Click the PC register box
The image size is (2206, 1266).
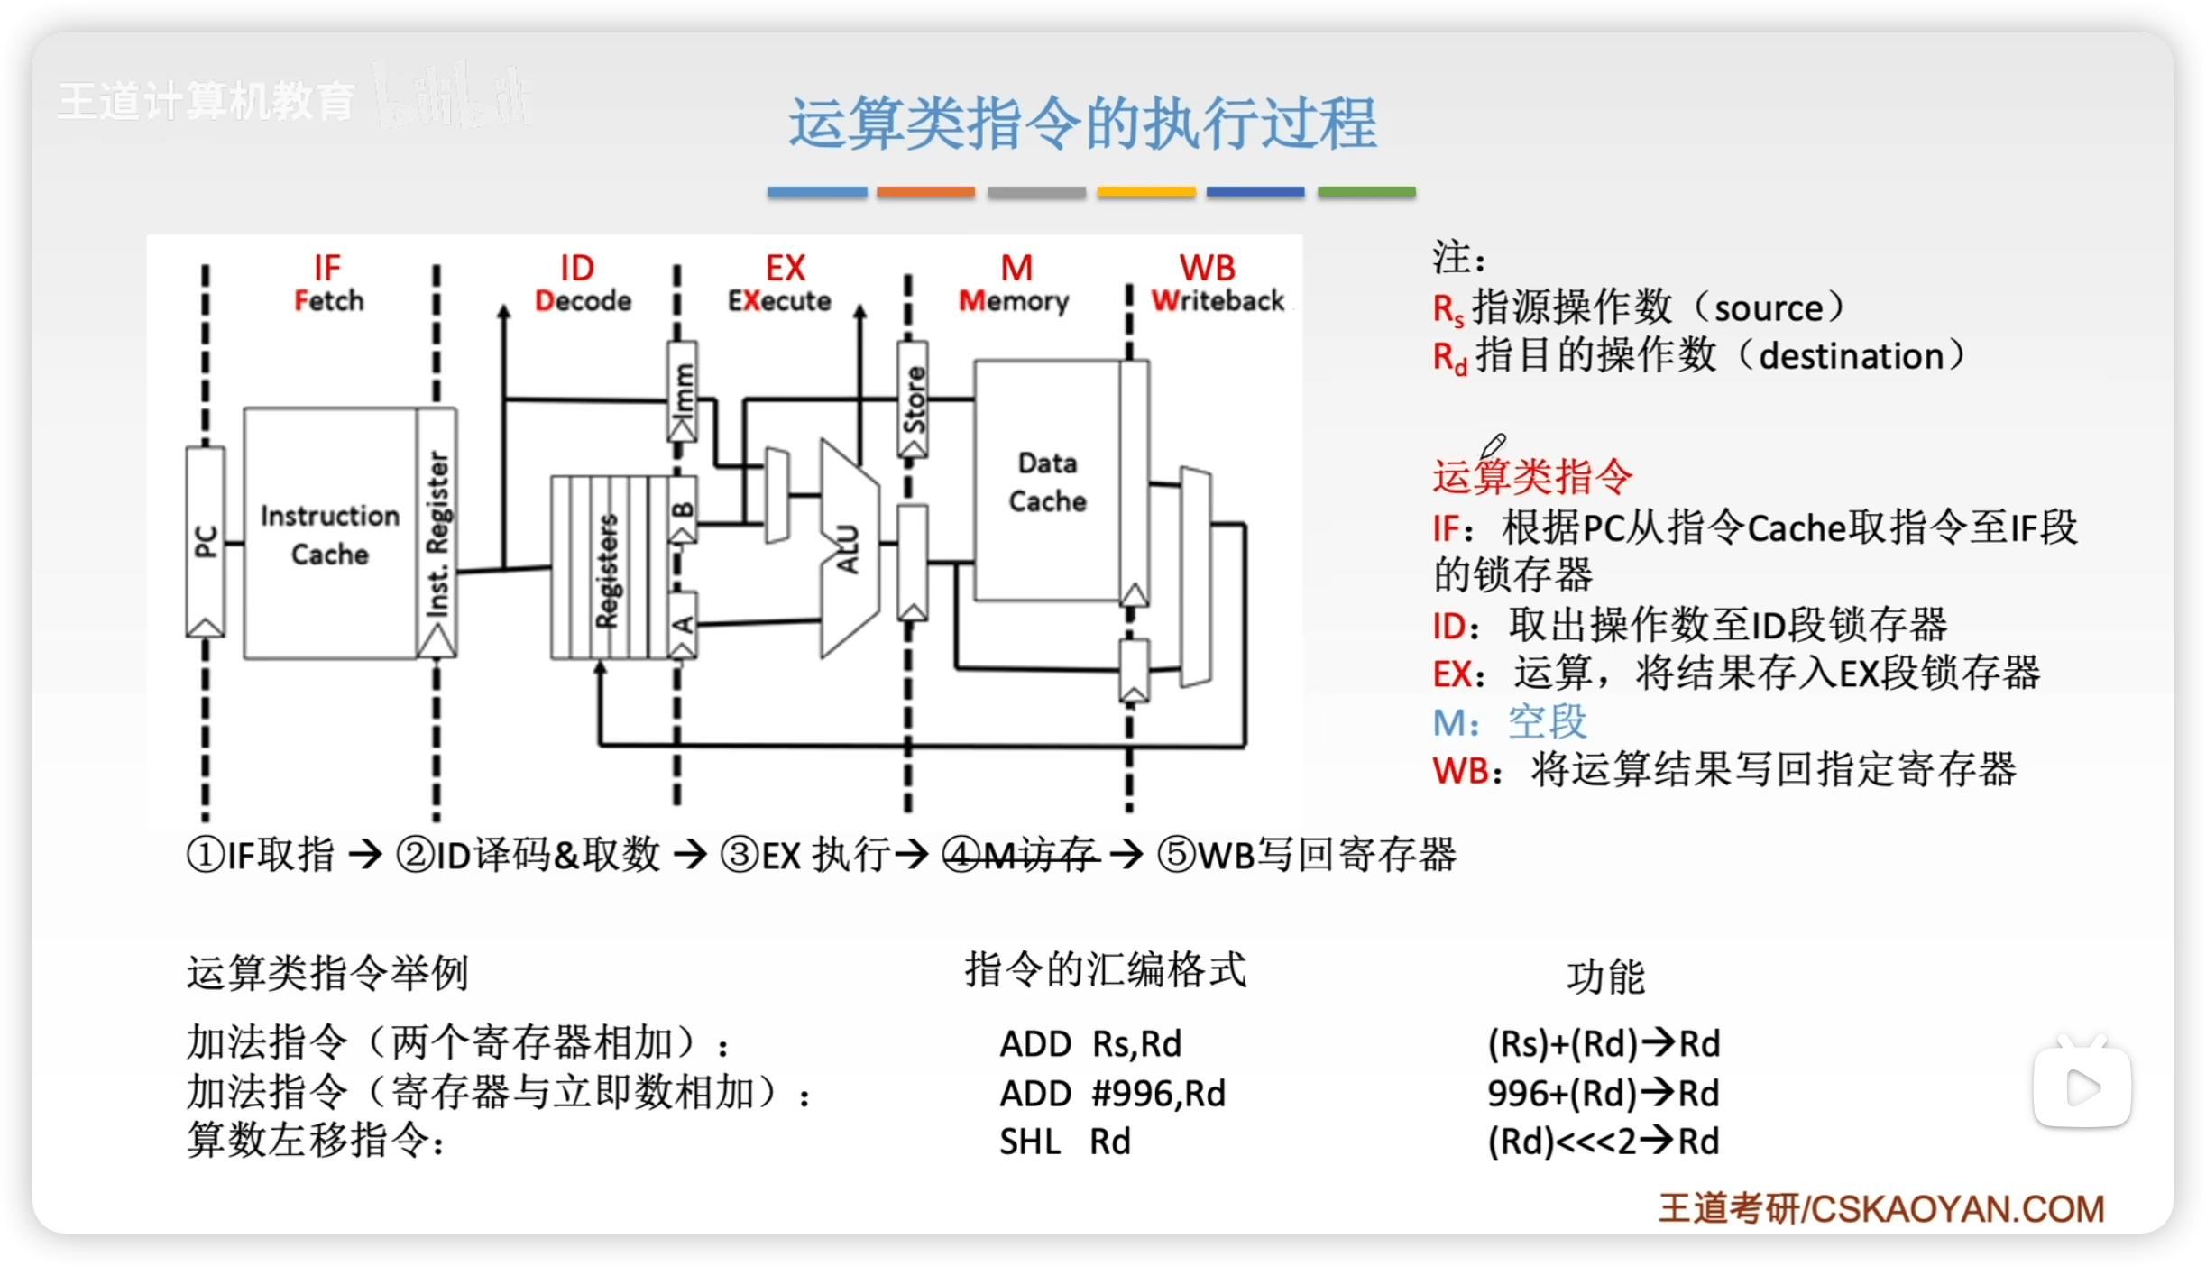tap(206, 541)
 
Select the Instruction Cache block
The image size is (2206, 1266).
tap(329, 534)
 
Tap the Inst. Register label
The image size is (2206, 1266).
tap(437, 534)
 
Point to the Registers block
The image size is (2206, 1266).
tap(605, 568)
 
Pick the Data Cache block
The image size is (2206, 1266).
tap(1047, 482)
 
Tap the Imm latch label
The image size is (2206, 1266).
tap(683, 390)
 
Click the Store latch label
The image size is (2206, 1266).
tap(914, 399)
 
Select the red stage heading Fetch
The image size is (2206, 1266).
tap(329, 300)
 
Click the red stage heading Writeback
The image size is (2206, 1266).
tap(1218, 300)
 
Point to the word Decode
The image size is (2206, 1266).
tap(583, 300)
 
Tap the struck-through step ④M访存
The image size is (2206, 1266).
tap(1020, 854)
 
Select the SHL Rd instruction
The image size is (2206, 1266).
tap(1064, 1142)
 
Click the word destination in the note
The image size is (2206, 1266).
tap(1851, 356)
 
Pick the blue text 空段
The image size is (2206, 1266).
tap(1547, 721)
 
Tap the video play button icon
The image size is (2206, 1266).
tap(2082, 1087)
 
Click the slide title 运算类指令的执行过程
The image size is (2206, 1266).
tap(1082, 124)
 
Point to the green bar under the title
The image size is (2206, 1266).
tap(1366, 192)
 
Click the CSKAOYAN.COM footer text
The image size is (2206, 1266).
tap(1957, 1208)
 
